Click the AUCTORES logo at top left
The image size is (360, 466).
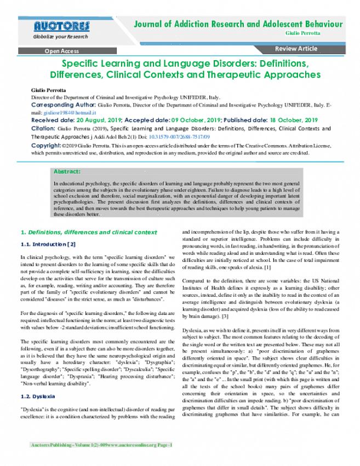tap(61, 26)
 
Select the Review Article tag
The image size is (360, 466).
tap(296, 49)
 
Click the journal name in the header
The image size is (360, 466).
tap(239, 24)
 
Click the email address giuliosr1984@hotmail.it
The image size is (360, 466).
tap(62, 112)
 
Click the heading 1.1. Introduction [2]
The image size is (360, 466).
tap(48, 244)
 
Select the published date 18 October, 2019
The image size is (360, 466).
tap(294, 119)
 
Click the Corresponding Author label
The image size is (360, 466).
tap(63, 104)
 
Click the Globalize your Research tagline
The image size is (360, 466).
tap(60, 37)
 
